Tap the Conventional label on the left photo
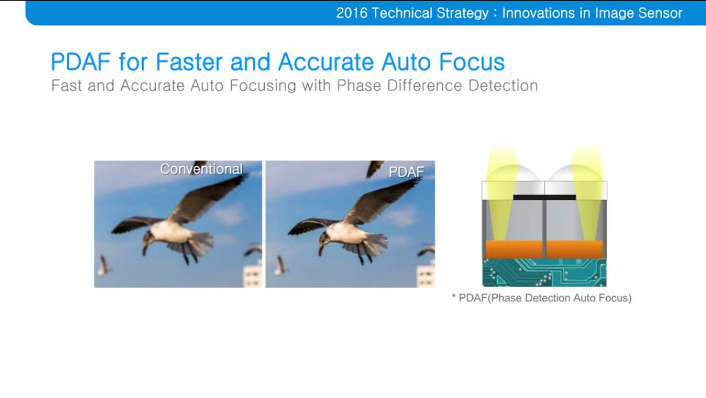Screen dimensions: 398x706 click(x=201, y=169)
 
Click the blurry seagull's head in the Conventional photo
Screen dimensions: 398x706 click(x=148, y=237)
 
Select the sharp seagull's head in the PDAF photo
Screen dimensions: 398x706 click(x=319, y=237)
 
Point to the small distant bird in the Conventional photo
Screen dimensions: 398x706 click(x=104, y=264)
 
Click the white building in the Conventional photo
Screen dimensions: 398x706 click(x=252, y=275)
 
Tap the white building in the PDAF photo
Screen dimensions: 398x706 click(x=425, y=274)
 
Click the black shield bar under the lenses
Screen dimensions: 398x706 click(x=544, y=197)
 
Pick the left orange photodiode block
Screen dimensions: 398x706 click(x=513, y=249)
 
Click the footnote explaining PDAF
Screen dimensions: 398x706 click(x=541, y=298)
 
